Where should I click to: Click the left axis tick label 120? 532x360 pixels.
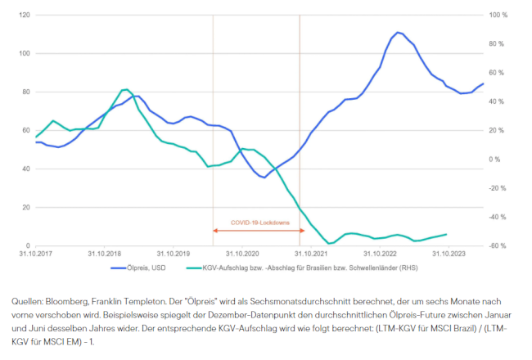24,15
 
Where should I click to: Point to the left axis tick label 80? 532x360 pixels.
25,92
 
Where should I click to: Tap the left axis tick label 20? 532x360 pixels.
25,207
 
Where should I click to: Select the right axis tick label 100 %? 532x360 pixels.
498,15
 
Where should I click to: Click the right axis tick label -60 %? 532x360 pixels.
498,245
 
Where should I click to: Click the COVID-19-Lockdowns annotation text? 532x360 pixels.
256,222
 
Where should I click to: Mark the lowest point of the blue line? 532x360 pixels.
263,178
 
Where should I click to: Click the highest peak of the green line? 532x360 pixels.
125,89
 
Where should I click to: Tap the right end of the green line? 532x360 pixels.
447,234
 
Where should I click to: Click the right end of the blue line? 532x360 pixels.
484,83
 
